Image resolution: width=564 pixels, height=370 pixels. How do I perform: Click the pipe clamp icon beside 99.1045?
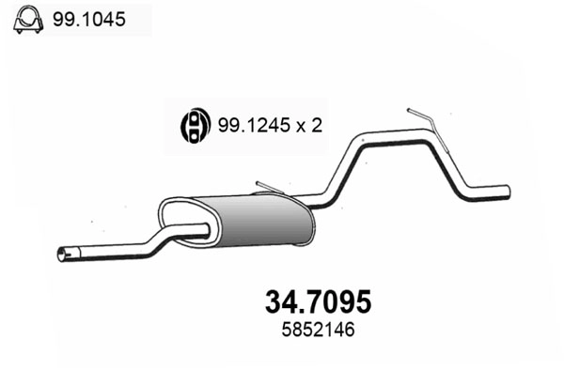27,19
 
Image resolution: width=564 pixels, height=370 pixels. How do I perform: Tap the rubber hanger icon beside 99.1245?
192,123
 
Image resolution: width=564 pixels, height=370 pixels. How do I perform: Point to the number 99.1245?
249,124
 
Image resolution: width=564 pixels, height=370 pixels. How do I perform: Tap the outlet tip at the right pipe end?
506,192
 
